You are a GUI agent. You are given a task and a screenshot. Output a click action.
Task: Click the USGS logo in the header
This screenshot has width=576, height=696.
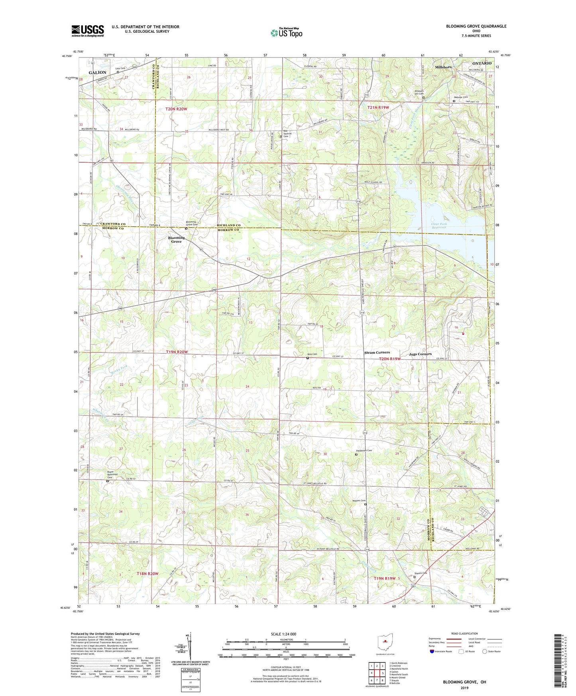(87, 30)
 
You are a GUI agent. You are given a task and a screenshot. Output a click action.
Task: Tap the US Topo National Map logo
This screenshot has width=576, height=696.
(286, 32)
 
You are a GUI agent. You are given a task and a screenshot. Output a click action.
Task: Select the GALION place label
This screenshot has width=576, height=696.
(97, 73)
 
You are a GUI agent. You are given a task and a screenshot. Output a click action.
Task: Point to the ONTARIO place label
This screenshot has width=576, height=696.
(482, 63)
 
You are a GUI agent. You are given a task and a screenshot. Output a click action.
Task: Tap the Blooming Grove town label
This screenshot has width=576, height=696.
(176, 240)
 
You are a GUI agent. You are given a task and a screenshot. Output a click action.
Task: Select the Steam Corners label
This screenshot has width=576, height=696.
(377, 352)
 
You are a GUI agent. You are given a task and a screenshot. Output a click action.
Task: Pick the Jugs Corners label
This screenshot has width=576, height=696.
(420, 354)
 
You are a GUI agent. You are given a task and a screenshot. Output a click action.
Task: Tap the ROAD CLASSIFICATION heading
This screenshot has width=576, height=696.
(465, 633)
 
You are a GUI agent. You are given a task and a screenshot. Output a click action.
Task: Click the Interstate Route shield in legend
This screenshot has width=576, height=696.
(432, 652)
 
